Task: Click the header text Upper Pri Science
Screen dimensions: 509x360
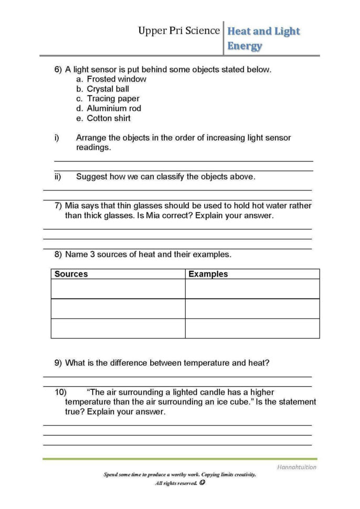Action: click(x=178, y=31)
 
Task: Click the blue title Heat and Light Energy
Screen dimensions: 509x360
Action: click(x=263, y=38)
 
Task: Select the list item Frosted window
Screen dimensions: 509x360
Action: click(x=117, y=79)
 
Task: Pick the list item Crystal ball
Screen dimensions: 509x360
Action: click(x=108, y=89)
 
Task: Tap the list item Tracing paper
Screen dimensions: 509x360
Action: click(x=113, y=99)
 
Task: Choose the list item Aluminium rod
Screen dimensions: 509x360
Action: click(x=114, y=109)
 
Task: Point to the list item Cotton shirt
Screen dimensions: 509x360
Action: click(x=109, y=118)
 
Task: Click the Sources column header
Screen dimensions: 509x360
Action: click(x=71, y=274)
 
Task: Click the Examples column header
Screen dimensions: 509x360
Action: click(x=208, y=274)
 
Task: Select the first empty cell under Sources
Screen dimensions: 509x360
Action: click(x=118, y=289)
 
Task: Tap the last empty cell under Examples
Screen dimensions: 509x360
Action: click(x=252, y=328)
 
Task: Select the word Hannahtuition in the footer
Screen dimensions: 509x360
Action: click(x=297, y=467)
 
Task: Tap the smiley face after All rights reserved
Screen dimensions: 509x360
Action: click(x=202, y=483)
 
